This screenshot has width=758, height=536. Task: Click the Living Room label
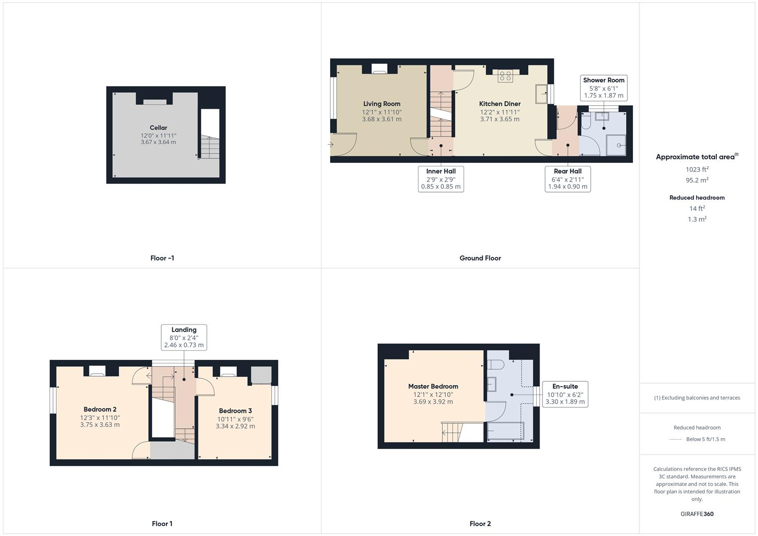(x=381, y=104)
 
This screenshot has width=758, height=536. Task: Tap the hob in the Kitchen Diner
(x=505, y=76)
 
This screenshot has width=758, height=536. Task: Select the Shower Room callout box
(x=604, y=88)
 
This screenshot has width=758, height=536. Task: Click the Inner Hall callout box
(x=441, y=179)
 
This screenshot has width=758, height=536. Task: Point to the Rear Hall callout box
(x=567, y=179)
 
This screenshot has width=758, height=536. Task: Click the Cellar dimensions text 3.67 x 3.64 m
(x=158, y=142)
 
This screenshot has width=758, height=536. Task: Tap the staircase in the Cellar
(x=209, y=147)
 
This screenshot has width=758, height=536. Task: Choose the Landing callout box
(x=184, y=337)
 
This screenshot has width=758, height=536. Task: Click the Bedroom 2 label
(x=100, y=409)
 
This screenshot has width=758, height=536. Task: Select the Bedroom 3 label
(x=235, y=411)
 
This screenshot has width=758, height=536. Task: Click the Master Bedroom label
(x=433, y=386)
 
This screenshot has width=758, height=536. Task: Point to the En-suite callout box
(x=565, y=394)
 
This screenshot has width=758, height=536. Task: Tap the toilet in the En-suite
(x=495, y=365)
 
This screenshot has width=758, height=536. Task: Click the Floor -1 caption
(x=162, y=258)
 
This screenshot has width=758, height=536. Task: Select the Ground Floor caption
(x=480, y=258)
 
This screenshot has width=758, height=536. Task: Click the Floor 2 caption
(x=480, y=524)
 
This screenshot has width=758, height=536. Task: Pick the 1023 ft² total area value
(x=697, y=169)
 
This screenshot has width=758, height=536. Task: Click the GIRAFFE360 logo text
(x=697, y=514)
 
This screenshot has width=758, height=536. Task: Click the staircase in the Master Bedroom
(x=452, y=432)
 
